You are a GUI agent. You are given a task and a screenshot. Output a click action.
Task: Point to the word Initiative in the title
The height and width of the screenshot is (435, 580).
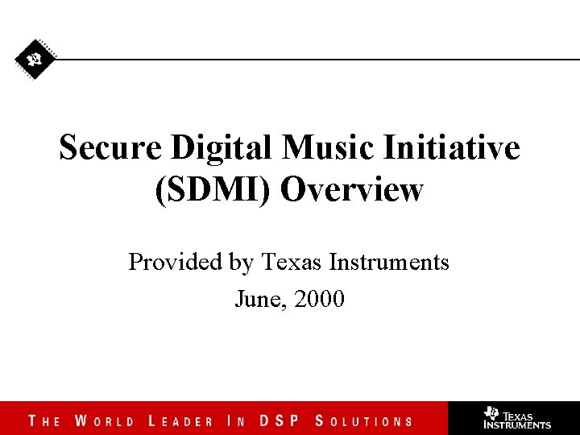[452, 148]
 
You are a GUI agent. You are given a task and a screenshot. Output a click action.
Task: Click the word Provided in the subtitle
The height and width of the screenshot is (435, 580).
[167, 262]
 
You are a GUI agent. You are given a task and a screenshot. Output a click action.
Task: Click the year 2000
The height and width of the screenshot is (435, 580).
[320, 300]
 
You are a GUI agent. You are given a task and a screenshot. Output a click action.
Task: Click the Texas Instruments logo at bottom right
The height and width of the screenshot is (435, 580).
[516, 418]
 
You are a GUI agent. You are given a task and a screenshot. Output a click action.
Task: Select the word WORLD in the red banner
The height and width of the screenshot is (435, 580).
[105, 420]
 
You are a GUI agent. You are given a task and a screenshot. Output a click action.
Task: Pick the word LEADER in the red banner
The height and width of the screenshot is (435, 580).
[181, 420]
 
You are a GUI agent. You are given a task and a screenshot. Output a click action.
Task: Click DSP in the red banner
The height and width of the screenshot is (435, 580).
[278, 420]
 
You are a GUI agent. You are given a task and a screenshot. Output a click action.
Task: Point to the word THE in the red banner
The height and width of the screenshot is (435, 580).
[44, 420]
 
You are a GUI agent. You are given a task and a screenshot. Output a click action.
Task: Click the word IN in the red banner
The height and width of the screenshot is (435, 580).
[236, 420]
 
